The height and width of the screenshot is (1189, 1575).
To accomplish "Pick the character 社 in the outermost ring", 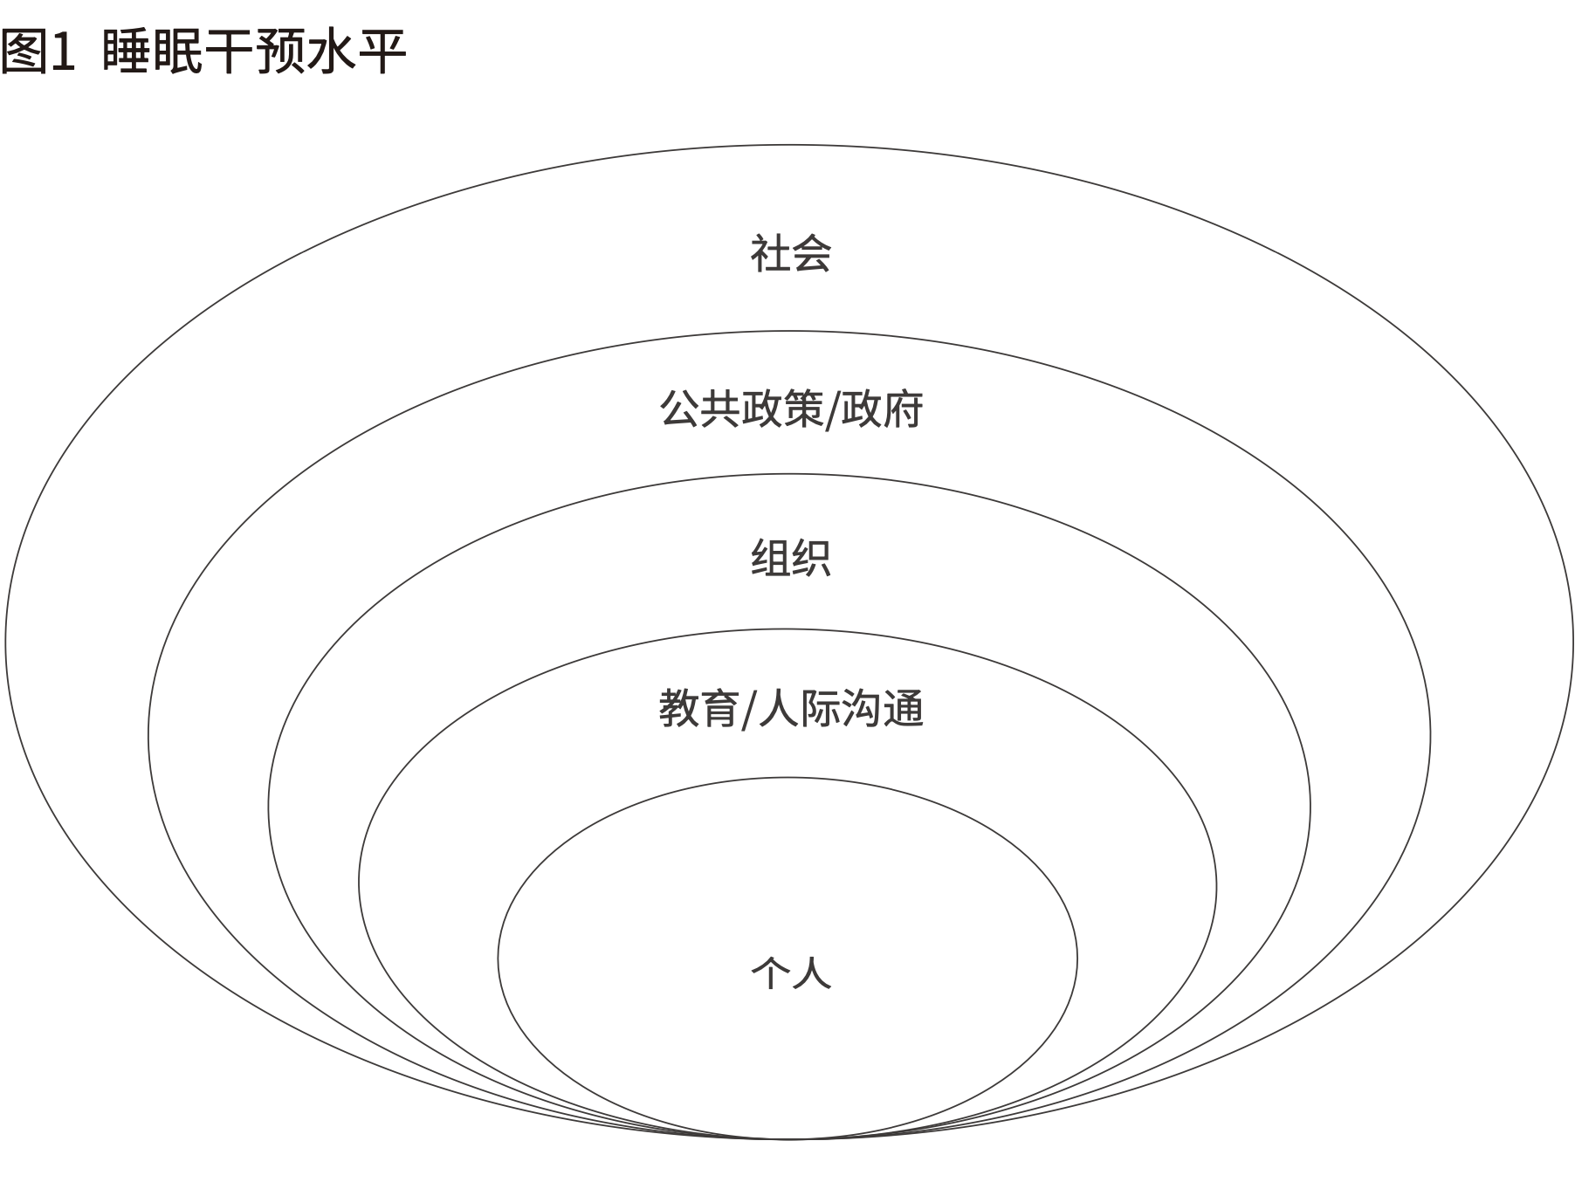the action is [x=770, y=253].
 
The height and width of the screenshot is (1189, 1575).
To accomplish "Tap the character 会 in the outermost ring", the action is [x=811, y=253].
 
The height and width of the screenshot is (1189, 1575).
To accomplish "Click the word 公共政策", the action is [x=741, y=409].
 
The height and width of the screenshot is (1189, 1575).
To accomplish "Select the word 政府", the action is [x=882, y=409].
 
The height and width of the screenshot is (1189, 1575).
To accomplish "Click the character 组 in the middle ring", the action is [x=770, y=558].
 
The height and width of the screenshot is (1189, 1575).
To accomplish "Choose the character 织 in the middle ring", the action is [x=811, y=558].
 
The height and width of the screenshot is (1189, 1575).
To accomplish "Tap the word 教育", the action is [x=699, y=708].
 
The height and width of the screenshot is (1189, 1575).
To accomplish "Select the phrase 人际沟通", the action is [x=841, y=708].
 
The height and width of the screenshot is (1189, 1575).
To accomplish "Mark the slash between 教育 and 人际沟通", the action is [x=748, y=709].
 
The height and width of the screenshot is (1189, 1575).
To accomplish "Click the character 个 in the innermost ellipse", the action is [x=770, y=972].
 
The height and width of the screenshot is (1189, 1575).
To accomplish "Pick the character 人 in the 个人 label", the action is [x=811, y=972].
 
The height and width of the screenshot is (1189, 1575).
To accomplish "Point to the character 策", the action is [x=802, y=409].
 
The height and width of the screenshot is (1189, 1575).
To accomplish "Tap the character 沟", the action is [x=862, y=708].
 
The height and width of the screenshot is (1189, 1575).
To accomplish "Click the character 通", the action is [x=904, y=708].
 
